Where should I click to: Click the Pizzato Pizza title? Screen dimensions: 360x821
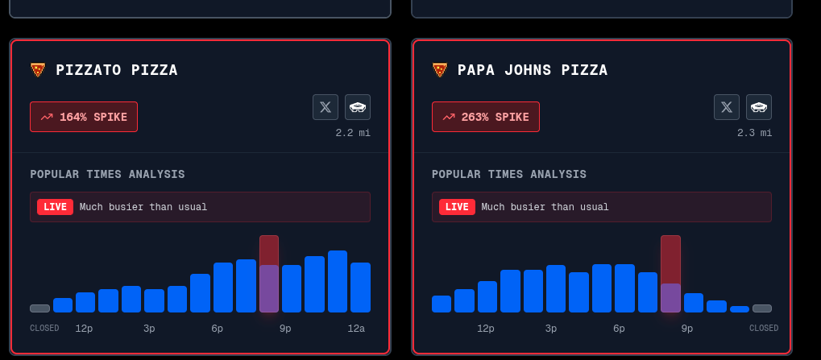coord(117,70)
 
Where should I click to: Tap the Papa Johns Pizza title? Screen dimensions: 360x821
coord(533,70)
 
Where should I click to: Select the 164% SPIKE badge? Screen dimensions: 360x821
coord(84,117)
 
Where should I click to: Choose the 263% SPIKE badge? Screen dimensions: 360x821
coord(486,117)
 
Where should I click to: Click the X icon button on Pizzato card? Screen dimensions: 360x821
coord(325,106)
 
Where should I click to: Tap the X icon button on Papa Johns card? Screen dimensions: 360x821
coord(727,106)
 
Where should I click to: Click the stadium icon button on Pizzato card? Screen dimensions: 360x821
coord(358,106)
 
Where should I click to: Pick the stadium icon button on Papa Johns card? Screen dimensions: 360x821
coord(759,106)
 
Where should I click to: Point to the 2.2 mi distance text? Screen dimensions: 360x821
coord(353,133)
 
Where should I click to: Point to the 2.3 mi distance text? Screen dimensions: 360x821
coord(754,133)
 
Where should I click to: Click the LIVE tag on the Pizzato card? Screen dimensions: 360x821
coord(55,207)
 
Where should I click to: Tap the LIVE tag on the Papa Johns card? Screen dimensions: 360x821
coord(457,207)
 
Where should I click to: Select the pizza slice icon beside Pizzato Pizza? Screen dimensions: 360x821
coord(38,70)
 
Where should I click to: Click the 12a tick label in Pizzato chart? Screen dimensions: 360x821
coord(356,329)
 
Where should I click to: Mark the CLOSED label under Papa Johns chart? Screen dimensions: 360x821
coord(763,329)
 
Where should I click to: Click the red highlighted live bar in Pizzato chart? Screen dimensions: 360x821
coord(269,274)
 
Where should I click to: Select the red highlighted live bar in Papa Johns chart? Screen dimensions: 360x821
coord(670,274)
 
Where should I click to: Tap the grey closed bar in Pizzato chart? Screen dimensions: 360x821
coord(39,308)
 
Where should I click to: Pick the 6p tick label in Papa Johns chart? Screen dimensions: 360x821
coord(619,329)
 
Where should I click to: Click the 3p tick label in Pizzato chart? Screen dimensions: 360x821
coord(149,329)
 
